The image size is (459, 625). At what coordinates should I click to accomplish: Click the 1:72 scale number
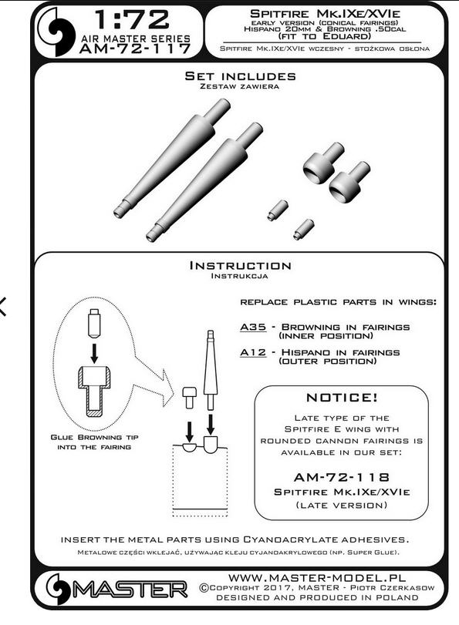[132, 20]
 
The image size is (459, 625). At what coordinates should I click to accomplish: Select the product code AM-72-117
[135, 49]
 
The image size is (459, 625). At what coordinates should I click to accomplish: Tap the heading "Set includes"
[240, 76]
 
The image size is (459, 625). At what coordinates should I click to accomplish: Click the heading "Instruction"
[240, 265]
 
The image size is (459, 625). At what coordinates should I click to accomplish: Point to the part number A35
[253, 328]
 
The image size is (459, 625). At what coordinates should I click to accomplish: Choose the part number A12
[253, 352]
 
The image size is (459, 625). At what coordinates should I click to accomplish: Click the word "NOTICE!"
[342, 398]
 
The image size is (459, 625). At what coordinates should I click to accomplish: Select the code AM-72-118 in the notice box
[342, 477]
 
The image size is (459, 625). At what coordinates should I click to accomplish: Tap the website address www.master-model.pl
[317, 577]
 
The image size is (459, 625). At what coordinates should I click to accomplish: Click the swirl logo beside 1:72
[56, 32]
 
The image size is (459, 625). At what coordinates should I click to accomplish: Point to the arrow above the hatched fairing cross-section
[94, 353]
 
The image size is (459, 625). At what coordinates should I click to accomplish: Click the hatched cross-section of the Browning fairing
[94, 391]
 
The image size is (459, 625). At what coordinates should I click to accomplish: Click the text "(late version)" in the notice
[342, 505]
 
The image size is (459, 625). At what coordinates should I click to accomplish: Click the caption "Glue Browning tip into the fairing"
[94, 442]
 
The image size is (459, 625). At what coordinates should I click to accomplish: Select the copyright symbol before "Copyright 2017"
[204, 588]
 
